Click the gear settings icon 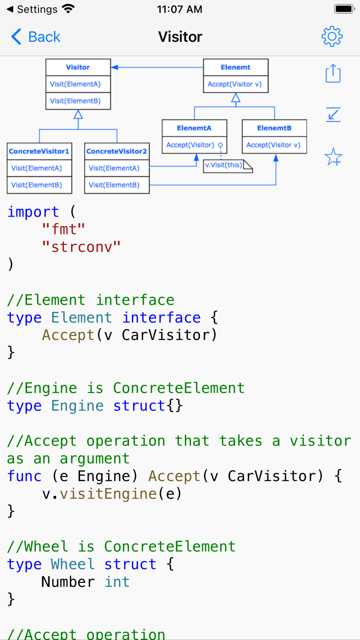(x=332, y=37)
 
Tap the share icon (x=333, y=73)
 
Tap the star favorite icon (x=333, y=157)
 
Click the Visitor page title (x=180, y=37)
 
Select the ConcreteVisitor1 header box (x=39, y=151)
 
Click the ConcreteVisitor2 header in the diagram (x=117, y=151)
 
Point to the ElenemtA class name (x=194, y=128)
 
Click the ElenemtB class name (x=274, y=128)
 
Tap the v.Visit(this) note (x=225, y=166)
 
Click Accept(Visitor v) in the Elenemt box (x=235, y=84)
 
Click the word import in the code (x=33, y=211)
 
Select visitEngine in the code (x=107, y=493)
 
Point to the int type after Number (x=117, y=581)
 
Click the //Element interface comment (x=91, y=299)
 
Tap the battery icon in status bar (x=344, y=9)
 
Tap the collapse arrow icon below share (x=333, y=114)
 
